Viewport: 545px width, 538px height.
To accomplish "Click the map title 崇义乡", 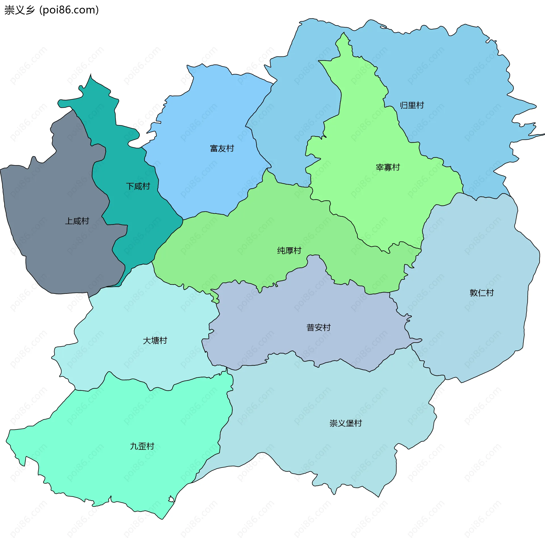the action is coord(19,10).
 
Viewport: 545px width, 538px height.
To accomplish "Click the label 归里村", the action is coord(412,106).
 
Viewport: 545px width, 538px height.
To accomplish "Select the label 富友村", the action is coord(222,149).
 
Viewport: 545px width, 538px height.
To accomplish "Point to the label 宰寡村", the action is coord(387,168).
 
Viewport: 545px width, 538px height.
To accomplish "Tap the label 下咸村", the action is coord(138,187).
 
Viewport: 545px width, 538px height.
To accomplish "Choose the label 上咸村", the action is coord(77,221).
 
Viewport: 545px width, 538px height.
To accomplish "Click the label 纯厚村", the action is coord(289,251).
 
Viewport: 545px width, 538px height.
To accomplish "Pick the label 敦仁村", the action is coord(481,293).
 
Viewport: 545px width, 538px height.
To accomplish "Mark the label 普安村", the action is coord(318,328).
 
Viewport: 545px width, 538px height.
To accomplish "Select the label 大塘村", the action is coord(155,341).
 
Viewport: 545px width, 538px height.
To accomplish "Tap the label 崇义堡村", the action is coord(345,423).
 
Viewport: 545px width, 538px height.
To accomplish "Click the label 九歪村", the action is coord(142,446).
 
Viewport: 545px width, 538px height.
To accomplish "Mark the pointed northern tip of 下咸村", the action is coord(91,78).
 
